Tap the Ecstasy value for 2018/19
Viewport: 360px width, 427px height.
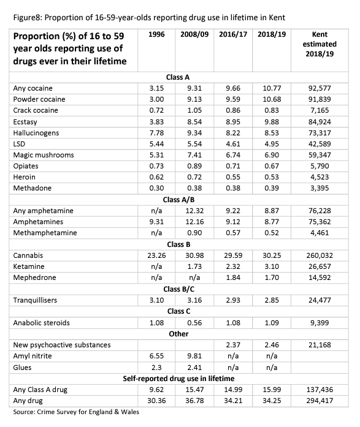269,121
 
